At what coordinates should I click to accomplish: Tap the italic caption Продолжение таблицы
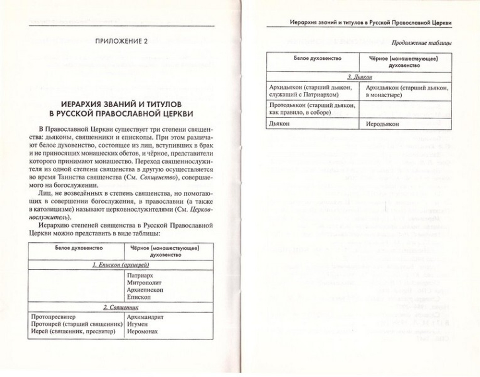421,43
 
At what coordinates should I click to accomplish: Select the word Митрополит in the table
144,284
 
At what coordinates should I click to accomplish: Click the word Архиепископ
145,290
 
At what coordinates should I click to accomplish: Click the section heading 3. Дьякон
360,77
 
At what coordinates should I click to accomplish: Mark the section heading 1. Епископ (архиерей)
121,265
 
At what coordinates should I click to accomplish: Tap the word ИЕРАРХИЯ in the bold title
82,103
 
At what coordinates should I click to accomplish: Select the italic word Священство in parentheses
162,178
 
